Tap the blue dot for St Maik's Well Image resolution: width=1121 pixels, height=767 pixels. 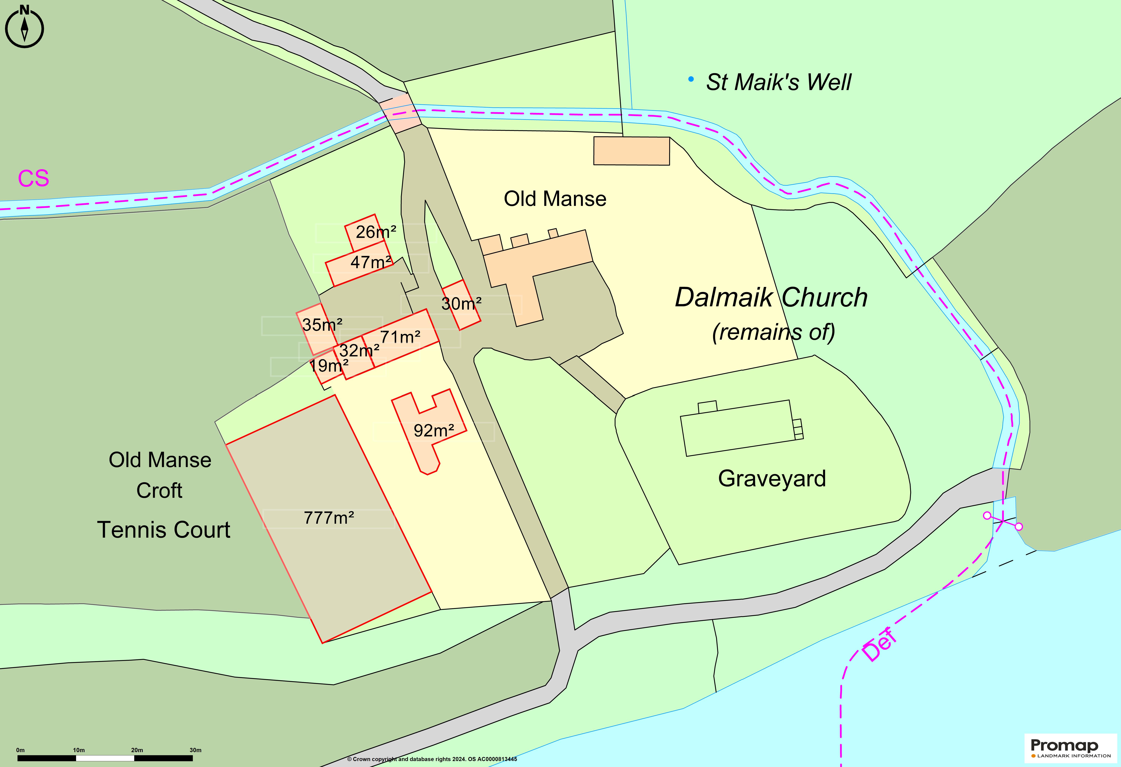pyautogui.click(x=691, y=79)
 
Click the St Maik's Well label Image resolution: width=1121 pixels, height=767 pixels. pyautogui.click(x=778, y=82)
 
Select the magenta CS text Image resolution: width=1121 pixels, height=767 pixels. pyautogui.click(x=33, y=178)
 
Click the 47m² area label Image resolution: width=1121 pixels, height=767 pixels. pyautogui.click(x=370, y=262)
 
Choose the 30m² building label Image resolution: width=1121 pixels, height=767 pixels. pyautogui.click(x=461, y=304)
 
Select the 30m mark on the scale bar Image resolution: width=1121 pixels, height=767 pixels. pyautogui.click(x=195, y=750)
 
